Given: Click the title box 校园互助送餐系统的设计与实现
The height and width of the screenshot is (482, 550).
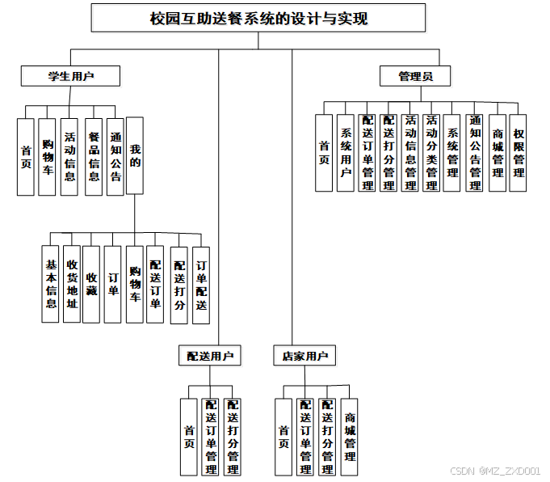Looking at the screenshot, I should coord(258,18).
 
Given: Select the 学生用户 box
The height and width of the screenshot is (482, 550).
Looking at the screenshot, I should coord(70,76).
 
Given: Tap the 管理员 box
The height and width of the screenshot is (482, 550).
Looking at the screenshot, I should coord(415,76).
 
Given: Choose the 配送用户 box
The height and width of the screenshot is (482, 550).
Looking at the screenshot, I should coord(210,355).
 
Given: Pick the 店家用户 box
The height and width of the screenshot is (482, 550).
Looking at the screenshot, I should coord(304,355).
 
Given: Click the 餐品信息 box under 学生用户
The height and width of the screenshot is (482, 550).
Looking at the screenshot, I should coord(94,156).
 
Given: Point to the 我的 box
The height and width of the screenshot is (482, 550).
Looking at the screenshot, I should coord(135,156).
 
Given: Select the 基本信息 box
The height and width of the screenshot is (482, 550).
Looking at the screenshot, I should coord(50,284).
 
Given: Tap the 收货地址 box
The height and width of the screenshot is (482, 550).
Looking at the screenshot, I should coord(71,284).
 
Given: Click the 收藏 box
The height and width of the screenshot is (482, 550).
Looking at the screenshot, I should coord(91,284).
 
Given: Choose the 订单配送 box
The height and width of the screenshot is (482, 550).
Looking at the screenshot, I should coord(201,285).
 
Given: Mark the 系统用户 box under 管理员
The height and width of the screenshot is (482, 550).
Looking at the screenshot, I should coord(346,153).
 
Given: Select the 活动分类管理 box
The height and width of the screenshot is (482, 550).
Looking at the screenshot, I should coord(431,153).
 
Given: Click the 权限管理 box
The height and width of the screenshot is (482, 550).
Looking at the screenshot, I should coord(519,153).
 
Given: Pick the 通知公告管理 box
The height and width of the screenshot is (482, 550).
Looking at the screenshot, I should coord(475,153).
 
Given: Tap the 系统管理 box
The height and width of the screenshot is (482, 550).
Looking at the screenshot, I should coord(452,153).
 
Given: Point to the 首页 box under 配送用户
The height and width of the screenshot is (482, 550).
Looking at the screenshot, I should coord(189,437).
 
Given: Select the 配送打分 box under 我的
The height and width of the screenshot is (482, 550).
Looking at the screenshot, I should coord(179,285).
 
